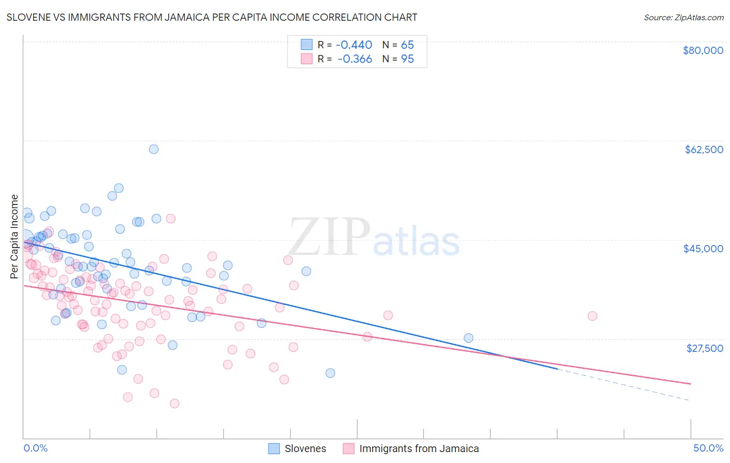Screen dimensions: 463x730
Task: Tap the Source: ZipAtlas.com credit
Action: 683,17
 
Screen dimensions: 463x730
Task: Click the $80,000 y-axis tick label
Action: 702,50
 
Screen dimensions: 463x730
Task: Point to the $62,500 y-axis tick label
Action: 704,149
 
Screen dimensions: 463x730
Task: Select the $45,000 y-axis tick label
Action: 703,249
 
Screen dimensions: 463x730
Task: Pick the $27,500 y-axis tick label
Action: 704,348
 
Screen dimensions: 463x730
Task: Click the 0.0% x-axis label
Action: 35,448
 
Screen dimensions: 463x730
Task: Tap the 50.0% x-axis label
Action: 708,448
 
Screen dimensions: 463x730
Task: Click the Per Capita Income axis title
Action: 15,236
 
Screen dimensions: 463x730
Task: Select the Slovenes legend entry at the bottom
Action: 305,448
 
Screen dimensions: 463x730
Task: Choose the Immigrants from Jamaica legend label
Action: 418,448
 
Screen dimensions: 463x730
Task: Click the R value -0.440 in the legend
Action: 355,45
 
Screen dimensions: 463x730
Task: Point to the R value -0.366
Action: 355,59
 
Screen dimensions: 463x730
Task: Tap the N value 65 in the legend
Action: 407,45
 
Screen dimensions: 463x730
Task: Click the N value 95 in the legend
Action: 407,59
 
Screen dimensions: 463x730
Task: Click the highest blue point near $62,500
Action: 154,149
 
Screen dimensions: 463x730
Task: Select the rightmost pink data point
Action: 592,316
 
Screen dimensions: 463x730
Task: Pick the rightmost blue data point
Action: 468,338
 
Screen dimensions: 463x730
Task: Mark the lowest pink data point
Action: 174,403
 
